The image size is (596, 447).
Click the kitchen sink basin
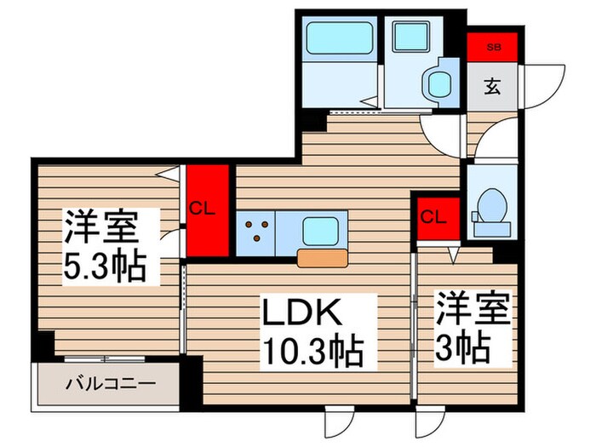tap(321, 230)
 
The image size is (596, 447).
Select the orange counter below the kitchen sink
tap(322, 258)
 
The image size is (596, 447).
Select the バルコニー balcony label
tap(111, 384)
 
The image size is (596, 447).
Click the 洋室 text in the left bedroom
tap(101, 228)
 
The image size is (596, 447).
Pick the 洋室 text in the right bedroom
tap(473, 308)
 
